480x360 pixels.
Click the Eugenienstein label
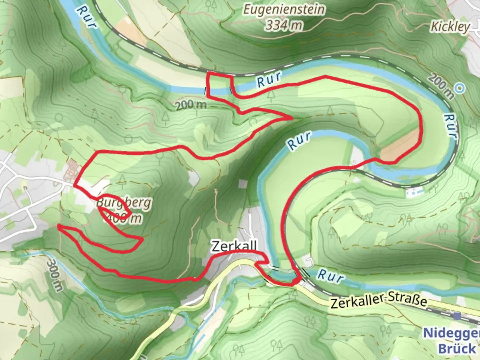coord(284,10)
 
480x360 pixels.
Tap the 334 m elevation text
coord(284,25)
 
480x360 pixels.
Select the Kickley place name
coord(450,26)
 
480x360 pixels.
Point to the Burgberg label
coord(124,203)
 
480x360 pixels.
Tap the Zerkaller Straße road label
coord(379,301)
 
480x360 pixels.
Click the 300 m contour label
coord(54,275)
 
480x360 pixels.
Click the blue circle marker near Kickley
coord(460,88)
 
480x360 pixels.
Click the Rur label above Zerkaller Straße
coord(330,276)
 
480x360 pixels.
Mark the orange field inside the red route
coord(399,147)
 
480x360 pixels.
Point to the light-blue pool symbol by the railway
coord(413,191)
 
